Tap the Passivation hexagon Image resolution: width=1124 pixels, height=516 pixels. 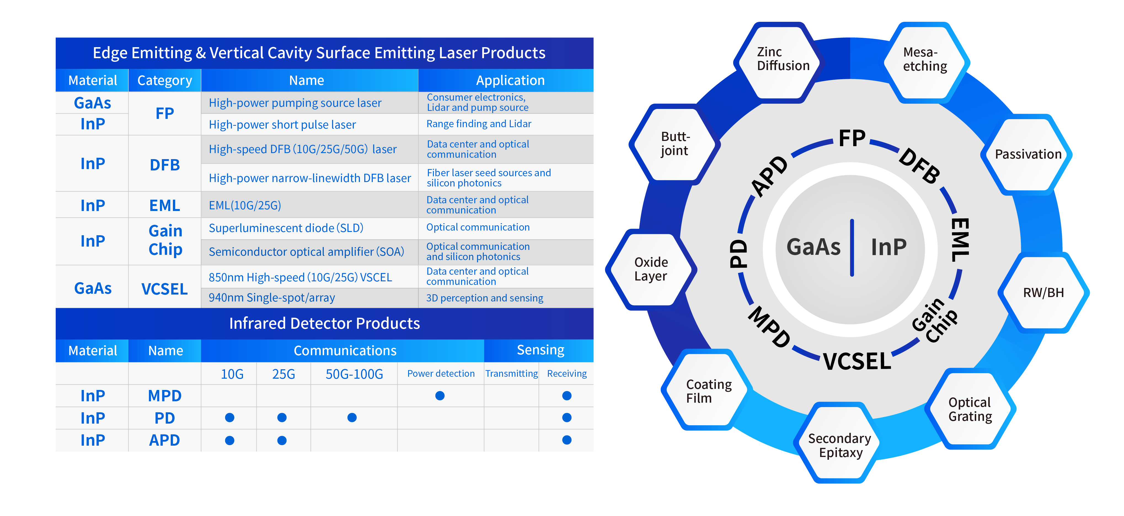[x=1027, y=154]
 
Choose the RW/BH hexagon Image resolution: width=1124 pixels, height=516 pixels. [x=1043, y=293]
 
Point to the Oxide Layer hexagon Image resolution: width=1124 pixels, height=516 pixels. [x=651, y=269]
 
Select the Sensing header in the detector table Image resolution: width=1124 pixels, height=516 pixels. [x=540, y=350]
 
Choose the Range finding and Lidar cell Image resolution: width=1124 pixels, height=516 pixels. [x=479, y=124]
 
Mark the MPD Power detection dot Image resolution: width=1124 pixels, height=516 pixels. [x=440, y=395]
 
